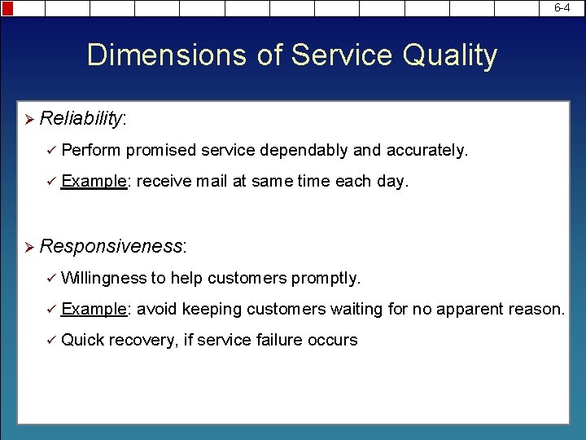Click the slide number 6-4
562,7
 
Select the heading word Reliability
81,119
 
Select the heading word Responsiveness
112,246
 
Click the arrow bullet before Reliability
27,120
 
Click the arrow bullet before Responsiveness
27,247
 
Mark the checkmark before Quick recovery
50,341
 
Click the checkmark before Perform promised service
50,151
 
